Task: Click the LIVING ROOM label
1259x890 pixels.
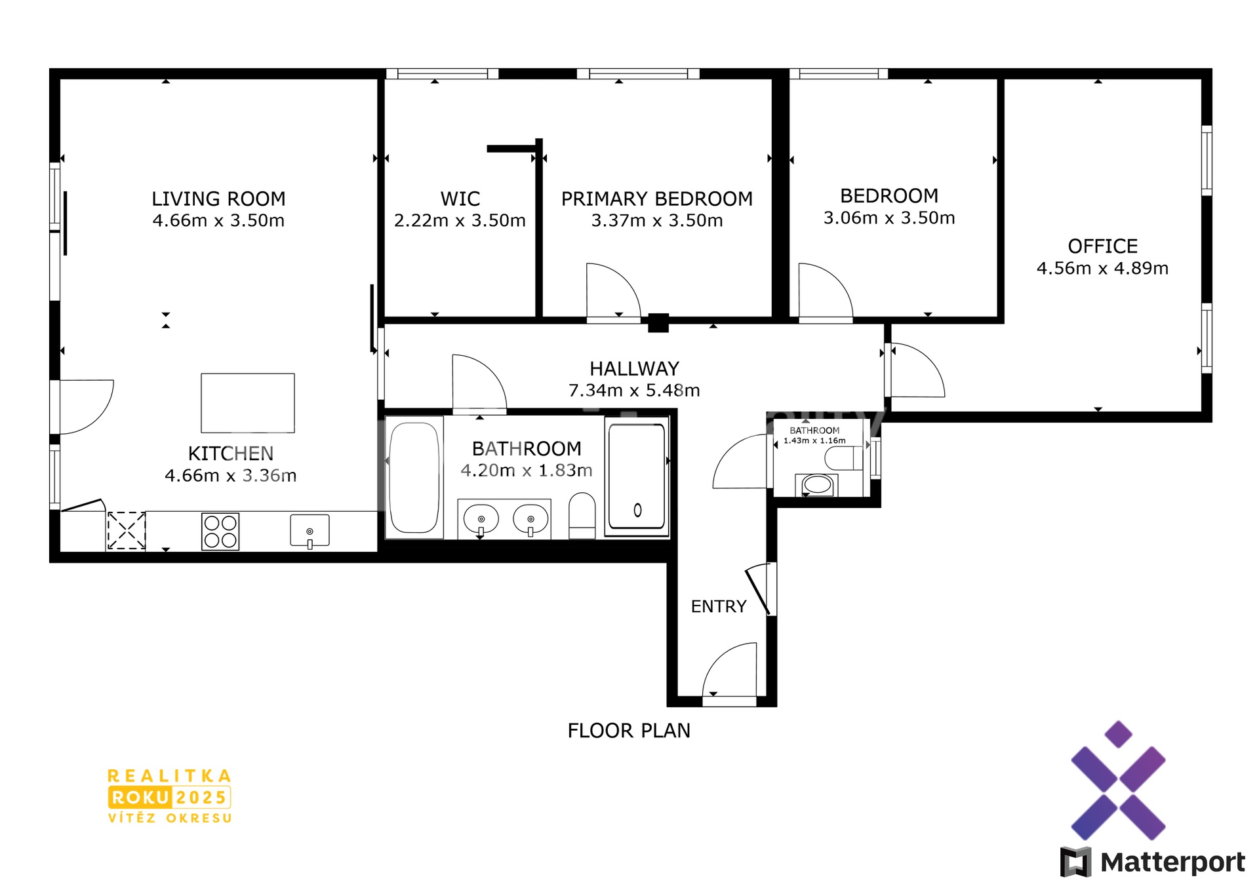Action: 218,199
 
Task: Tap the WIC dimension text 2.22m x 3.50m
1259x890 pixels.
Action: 460,221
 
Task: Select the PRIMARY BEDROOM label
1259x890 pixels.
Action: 656,199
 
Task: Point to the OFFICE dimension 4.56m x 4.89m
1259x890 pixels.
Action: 1102,268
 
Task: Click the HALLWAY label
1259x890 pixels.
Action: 634,368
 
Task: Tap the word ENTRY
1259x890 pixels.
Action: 719,606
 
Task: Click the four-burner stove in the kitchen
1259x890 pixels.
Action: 220,531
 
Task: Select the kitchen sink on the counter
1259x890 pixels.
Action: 310,531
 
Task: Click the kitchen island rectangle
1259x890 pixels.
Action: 248,403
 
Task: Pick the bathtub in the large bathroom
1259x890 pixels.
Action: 414,478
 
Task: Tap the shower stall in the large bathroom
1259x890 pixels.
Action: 637,476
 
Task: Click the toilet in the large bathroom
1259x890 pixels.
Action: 582,516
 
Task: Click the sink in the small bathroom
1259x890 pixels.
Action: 817,485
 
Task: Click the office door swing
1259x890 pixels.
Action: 918,370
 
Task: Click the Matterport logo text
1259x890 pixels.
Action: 1172,862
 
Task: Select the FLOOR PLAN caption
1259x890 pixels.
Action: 629,731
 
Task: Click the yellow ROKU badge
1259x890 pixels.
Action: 140,798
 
